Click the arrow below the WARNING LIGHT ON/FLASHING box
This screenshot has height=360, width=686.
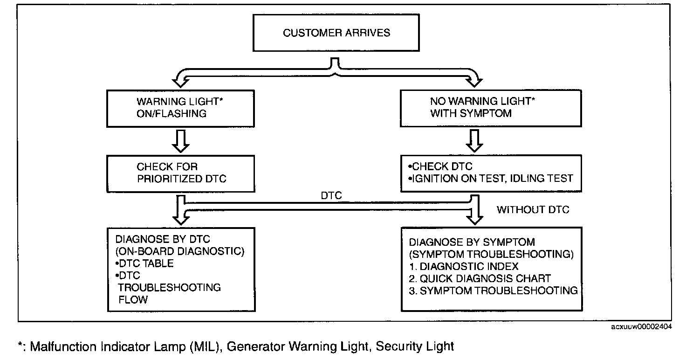pyautogui.click(x=180, y=141)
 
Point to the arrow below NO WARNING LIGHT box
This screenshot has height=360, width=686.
pyautogui.click(x=474, y=141)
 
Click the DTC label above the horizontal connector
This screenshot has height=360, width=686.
pyautogui.click(x=331, y=195)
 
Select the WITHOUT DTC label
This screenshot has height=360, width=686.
pyautogui.click(x=533, y=209)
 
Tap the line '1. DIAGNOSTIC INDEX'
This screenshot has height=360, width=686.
pyautogui.click(x=464, y=266)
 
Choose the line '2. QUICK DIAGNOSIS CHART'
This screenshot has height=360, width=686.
pyautogui.click(x=480, y=278)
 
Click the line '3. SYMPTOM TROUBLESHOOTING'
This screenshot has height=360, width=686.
pyautogui.click(x=494, y=291)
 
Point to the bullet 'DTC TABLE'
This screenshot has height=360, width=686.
pyautogui.click(x=144, y=263)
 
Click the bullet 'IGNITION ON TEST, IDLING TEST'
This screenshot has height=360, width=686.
pyautogui.click(x=491, y=178)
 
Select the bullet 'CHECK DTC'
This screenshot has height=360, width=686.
pyautogui.click(x=440, y=166)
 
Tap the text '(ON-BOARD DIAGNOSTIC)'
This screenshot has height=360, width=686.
pyautogui.click(x=180, y=251)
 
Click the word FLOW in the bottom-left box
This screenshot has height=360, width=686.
pyautogui.click(x=133, y=299)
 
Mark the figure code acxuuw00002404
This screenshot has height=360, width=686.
pyautogui.click(x=641, y=326)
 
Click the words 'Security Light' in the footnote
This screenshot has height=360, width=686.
pyautogui.click(x=415, y=346)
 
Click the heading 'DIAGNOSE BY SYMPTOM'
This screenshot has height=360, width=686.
pyautogui.click(x=472, y=242)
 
